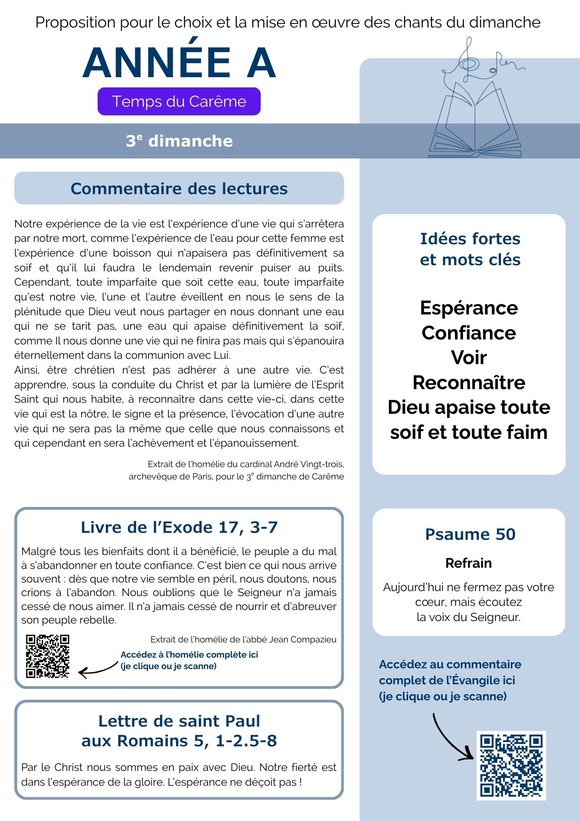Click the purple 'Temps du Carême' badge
click(x=179, y=101)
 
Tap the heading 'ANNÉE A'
click(x=179, y=63)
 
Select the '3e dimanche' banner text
click(x=179, y=141)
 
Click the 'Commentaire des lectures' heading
click(x=179, y=188)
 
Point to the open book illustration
click(x=475, y=123)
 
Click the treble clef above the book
click(x=468, y=62)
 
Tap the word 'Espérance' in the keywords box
click(x=469, y=308)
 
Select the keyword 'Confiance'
click(x=469, y=333)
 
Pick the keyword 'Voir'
click(x=469, y=358)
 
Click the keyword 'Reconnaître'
click(x=469, y=383)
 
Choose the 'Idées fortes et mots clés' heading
click(x=470, y=249)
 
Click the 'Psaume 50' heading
click(x=470, y=534)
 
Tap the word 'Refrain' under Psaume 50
click(x=468, y=563)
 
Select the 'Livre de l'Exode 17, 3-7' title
click(x=179, y=527)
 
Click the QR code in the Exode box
click(x=48, y=656)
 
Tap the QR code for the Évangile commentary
click(x=511, y=766)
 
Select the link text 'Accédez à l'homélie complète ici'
click(x=189, y=655)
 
